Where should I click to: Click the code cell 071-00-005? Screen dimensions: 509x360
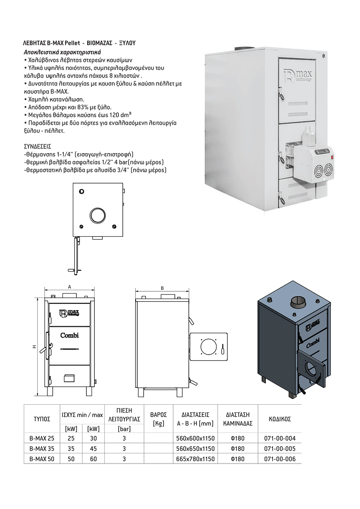[280, 449]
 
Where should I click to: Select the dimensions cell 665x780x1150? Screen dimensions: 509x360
[195, 459]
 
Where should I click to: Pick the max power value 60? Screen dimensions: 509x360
[93, 459]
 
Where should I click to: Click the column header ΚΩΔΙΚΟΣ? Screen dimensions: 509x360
[280, 419]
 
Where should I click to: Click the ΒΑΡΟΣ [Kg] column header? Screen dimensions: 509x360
[158, 419]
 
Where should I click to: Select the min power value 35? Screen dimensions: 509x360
[71, 449]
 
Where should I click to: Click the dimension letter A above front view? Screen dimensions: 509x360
[69, 287]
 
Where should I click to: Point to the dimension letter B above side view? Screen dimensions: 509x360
[162, 288]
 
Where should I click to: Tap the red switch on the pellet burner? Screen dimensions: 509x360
[332, 152]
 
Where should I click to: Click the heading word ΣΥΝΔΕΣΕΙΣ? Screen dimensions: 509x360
[37, 146]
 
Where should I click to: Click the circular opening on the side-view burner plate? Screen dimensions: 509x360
[208, 345]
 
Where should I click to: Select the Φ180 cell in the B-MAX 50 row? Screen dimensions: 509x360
[238, 459]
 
